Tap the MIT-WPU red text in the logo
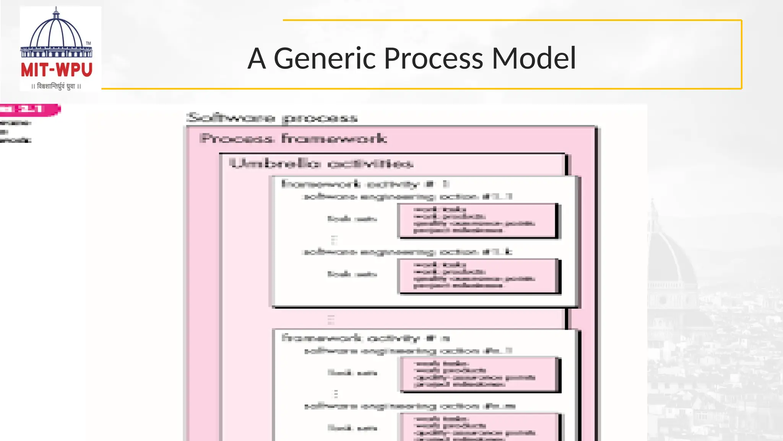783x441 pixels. coord(57,70)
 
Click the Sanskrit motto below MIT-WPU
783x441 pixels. coord(56,86)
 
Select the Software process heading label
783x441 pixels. coord(272,118)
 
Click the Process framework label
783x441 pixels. coord(293,138)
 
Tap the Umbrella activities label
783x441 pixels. coord(321,164)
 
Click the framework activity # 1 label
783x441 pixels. coord(365,184)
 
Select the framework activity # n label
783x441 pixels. coord(366,338)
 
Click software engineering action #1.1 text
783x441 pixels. coord(407,197)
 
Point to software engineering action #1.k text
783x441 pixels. coord(407,252)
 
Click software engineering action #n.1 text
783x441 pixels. coord(408,351)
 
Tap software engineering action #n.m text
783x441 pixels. coord(410,406)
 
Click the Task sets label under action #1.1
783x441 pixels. coord(352,219)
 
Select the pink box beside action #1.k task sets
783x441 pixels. coord(478,276)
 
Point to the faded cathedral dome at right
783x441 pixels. coord(673,253)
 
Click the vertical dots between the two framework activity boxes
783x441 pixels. coord(331,319)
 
